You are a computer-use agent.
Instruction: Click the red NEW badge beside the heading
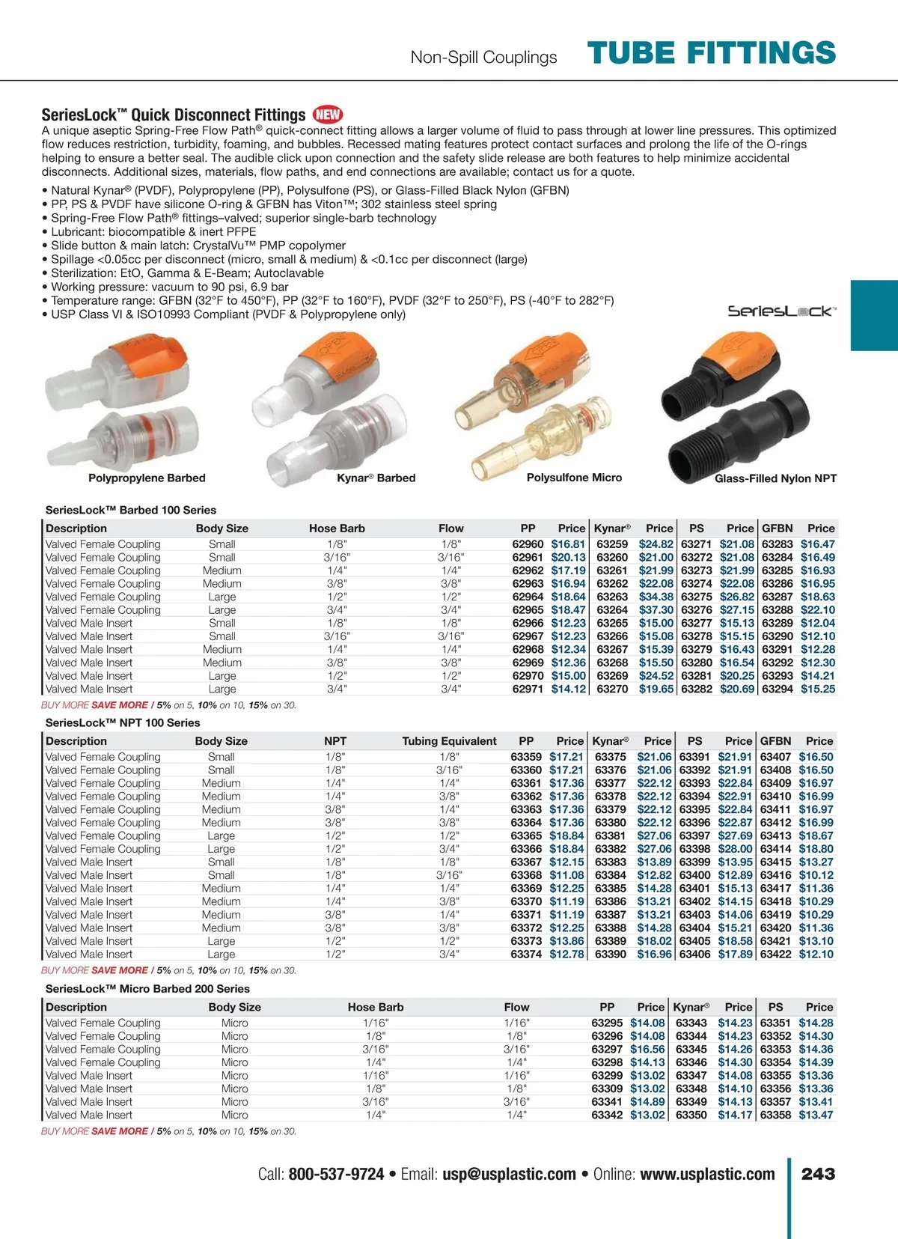pyautogui.click(x=328, y=115)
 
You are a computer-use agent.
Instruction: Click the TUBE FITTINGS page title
pyautogui.click(x=711, y=53)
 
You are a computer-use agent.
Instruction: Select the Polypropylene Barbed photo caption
pyautogui.click(x=147, y=478)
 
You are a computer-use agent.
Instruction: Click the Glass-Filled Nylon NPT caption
pyautogui.click(x=775, y=478)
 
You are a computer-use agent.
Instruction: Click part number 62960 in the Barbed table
pyautogui.click(x=528, y=544)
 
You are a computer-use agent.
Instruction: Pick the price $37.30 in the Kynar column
pyautogui.click(x=656, y=610)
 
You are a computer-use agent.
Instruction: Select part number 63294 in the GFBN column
pyautogui.click(x=778, y=689)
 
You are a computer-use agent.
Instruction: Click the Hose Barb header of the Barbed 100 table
pyautogui.click(x=337, y=529)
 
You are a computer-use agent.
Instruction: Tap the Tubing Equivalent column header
pyautogui.click(x=449, y=741)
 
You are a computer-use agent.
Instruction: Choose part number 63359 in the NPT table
pyautogui.click(x=526, y=757)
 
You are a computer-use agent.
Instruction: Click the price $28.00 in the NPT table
pyautogui.click(x=735, y=849)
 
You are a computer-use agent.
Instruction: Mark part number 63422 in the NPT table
pyautogui.click(x=775, y=955)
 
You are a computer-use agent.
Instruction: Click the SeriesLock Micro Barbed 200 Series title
pyautogui.click(x=147, y=989)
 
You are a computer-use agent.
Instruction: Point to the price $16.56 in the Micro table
pyautogui.click(x=647, y=1050)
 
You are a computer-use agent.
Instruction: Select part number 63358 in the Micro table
pyautogui.click(x=775, y=1115)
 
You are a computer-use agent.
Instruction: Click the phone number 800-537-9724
pyautogui.click(x=336, y=1175)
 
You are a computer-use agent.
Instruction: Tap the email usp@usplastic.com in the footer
pyautogui.click(x=509, y=1175)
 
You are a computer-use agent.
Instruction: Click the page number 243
pyautogui.click(x=818, y=1174)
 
